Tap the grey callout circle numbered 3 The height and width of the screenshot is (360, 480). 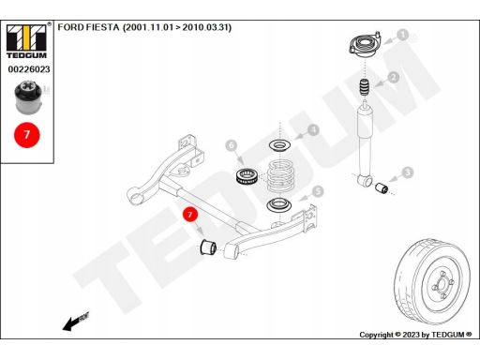pos(407,172)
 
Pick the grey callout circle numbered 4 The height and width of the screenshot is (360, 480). pos(313,130)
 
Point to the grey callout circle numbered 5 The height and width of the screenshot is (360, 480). pos(318,191)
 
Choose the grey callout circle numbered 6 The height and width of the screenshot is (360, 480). pos(232,145)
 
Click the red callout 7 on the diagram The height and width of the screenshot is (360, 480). pos(190,215)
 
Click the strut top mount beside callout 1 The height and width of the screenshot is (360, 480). pos(361,44)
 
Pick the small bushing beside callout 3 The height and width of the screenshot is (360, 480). pos(382,191)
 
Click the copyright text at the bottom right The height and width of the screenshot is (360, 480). pos(416,335)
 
